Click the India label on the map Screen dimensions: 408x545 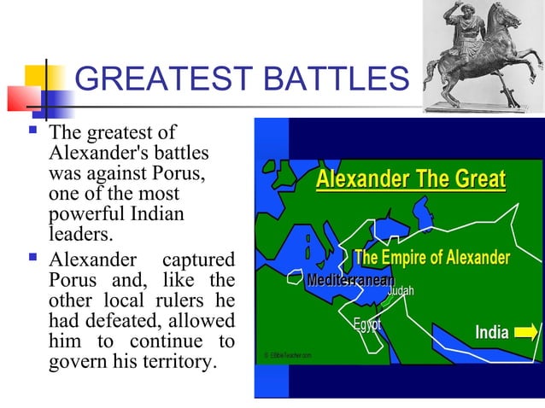[492, 332]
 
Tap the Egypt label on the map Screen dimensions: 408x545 [366, 325]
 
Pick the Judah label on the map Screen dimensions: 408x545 [401, 292]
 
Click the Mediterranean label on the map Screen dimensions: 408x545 [351, 280]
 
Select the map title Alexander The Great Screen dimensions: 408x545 [410, 180]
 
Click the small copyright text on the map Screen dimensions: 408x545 [288, 354]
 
